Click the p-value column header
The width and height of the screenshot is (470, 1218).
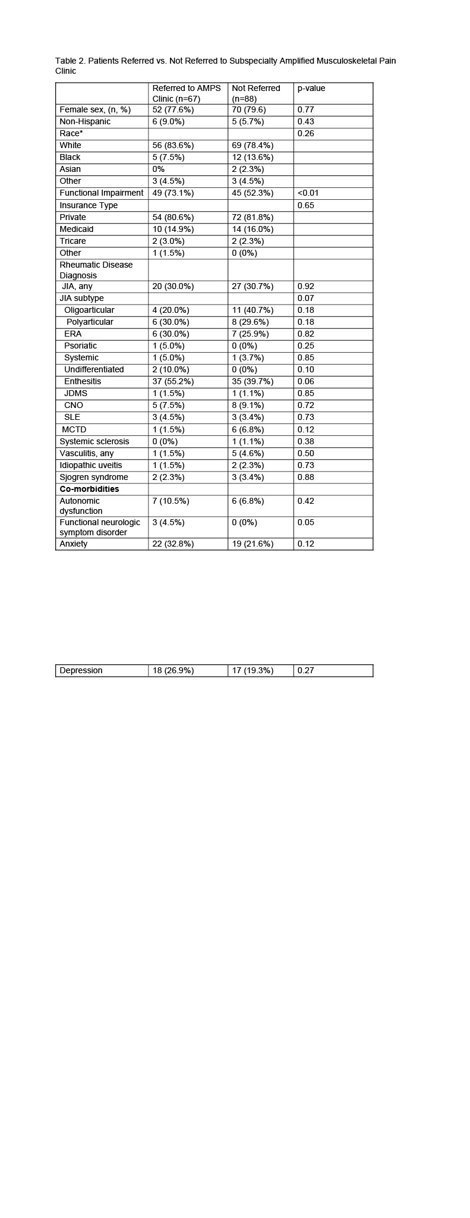tap(311, 88)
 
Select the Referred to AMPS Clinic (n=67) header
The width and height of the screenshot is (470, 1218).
tap(186, 93)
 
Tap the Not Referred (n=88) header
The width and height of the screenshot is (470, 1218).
tap(255, 93)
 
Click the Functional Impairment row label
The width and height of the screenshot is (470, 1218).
tap(101, 193)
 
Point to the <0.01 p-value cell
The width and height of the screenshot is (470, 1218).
tap(308, 193)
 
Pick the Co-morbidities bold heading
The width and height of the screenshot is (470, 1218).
tap(89, 489)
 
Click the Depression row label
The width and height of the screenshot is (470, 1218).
tap(81, 670)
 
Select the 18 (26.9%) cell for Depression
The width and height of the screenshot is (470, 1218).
tap(173, 670)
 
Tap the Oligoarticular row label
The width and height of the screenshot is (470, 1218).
tap(89, 310)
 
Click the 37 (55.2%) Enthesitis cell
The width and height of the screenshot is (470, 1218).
tap(173, 381)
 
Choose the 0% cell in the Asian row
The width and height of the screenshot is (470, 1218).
tap(158, 169)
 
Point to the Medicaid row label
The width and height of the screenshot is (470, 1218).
tap(76, 229)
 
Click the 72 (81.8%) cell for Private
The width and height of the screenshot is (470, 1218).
tap(253, 217)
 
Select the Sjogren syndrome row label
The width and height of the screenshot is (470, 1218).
tap(93, 477)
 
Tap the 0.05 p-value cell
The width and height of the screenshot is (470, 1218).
tap(305, 522)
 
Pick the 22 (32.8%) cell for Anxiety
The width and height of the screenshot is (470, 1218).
tap(173, 544)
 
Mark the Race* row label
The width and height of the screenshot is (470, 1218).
tap(71, 133)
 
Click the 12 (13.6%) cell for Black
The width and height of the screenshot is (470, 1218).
tap(253, 157)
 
